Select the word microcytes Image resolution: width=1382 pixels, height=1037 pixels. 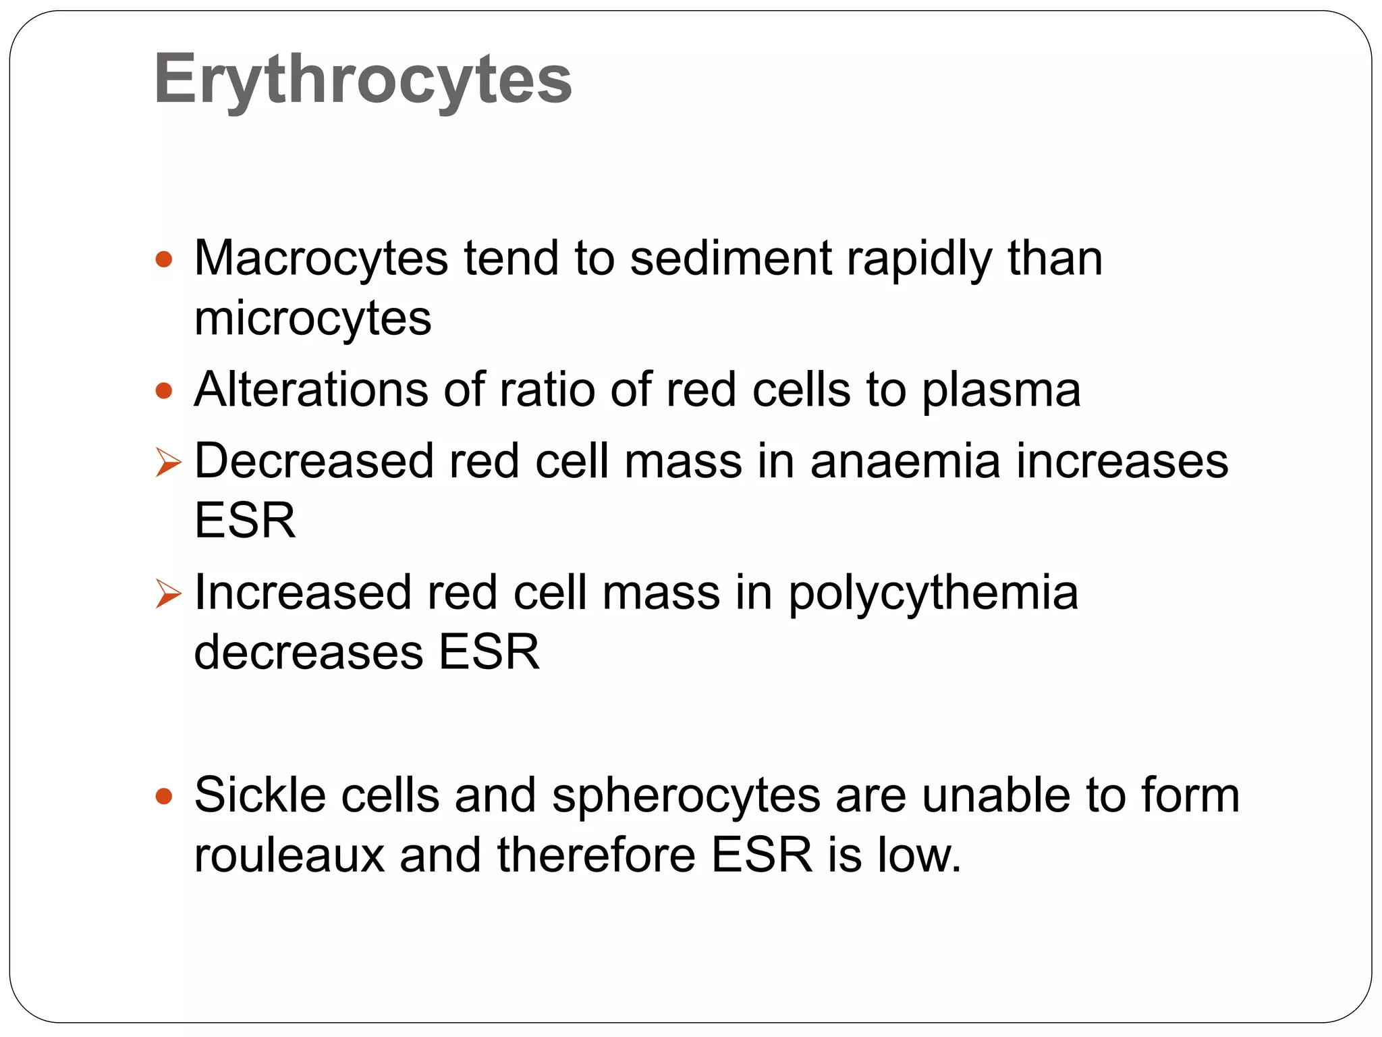click(312, 319)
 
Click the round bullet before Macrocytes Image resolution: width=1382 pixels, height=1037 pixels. click(164, 259)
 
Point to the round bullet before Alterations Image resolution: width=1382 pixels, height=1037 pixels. click(164, 391)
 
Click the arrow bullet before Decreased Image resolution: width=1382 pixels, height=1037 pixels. click(168, 463)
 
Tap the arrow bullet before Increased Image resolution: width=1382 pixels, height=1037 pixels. click(168, 594)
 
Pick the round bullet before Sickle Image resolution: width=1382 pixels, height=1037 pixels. click(164, 797)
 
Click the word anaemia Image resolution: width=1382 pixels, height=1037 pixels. click(905, 462)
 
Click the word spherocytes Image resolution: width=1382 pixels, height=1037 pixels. click(686, 797)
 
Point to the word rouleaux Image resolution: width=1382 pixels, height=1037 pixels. click(289, 855)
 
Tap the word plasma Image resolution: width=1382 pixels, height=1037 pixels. click(1001, 392)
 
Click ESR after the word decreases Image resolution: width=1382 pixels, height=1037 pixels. click(489, 652)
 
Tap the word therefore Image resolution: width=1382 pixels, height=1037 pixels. click(596, 855)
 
